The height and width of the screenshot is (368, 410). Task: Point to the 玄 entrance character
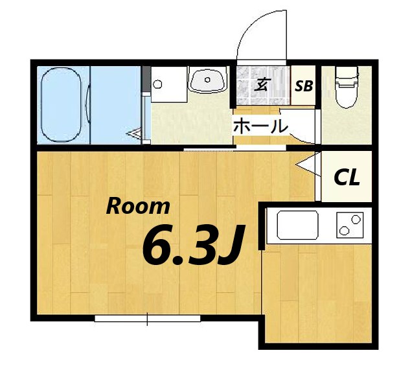[262, 84]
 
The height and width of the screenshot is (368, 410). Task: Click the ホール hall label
[260, 126]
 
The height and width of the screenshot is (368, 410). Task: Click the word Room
[138, 207]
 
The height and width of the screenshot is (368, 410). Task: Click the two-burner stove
[350, 225]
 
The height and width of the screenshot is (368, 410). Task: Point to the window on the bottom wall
[148, 318]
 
